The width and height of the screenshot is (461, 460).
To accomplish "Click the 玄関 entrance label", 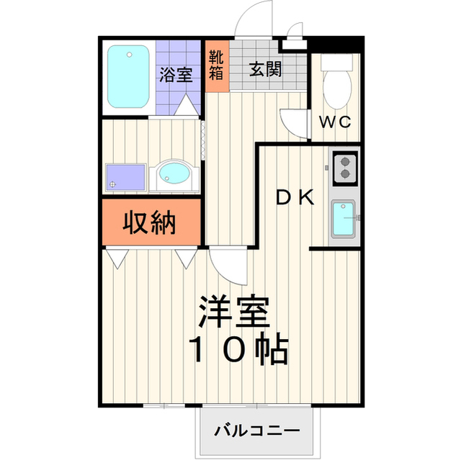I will pyautogui.click(x=265, y=70).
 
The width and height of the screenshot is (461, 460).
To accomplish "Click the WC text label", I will pyautogui.click(x=335, y=122).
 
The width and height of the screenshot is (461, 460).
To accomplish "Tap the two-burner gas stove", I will pyautogui.click(x=345, y=166).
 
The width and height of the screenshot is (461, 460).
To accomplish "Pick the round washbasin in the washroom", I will pyautogui.click(x=173, y=174).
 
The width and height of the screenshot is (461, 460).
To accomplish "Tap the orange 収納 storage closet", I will pyautogui.click(x=150, y=224).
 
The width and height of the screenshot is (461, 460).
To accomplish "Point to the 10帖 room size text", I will pyautogui.click(x=238, y=351).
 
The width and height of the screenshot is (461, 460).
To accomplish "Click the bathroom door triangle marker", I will pyautogui.click(x=187, y=107).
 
